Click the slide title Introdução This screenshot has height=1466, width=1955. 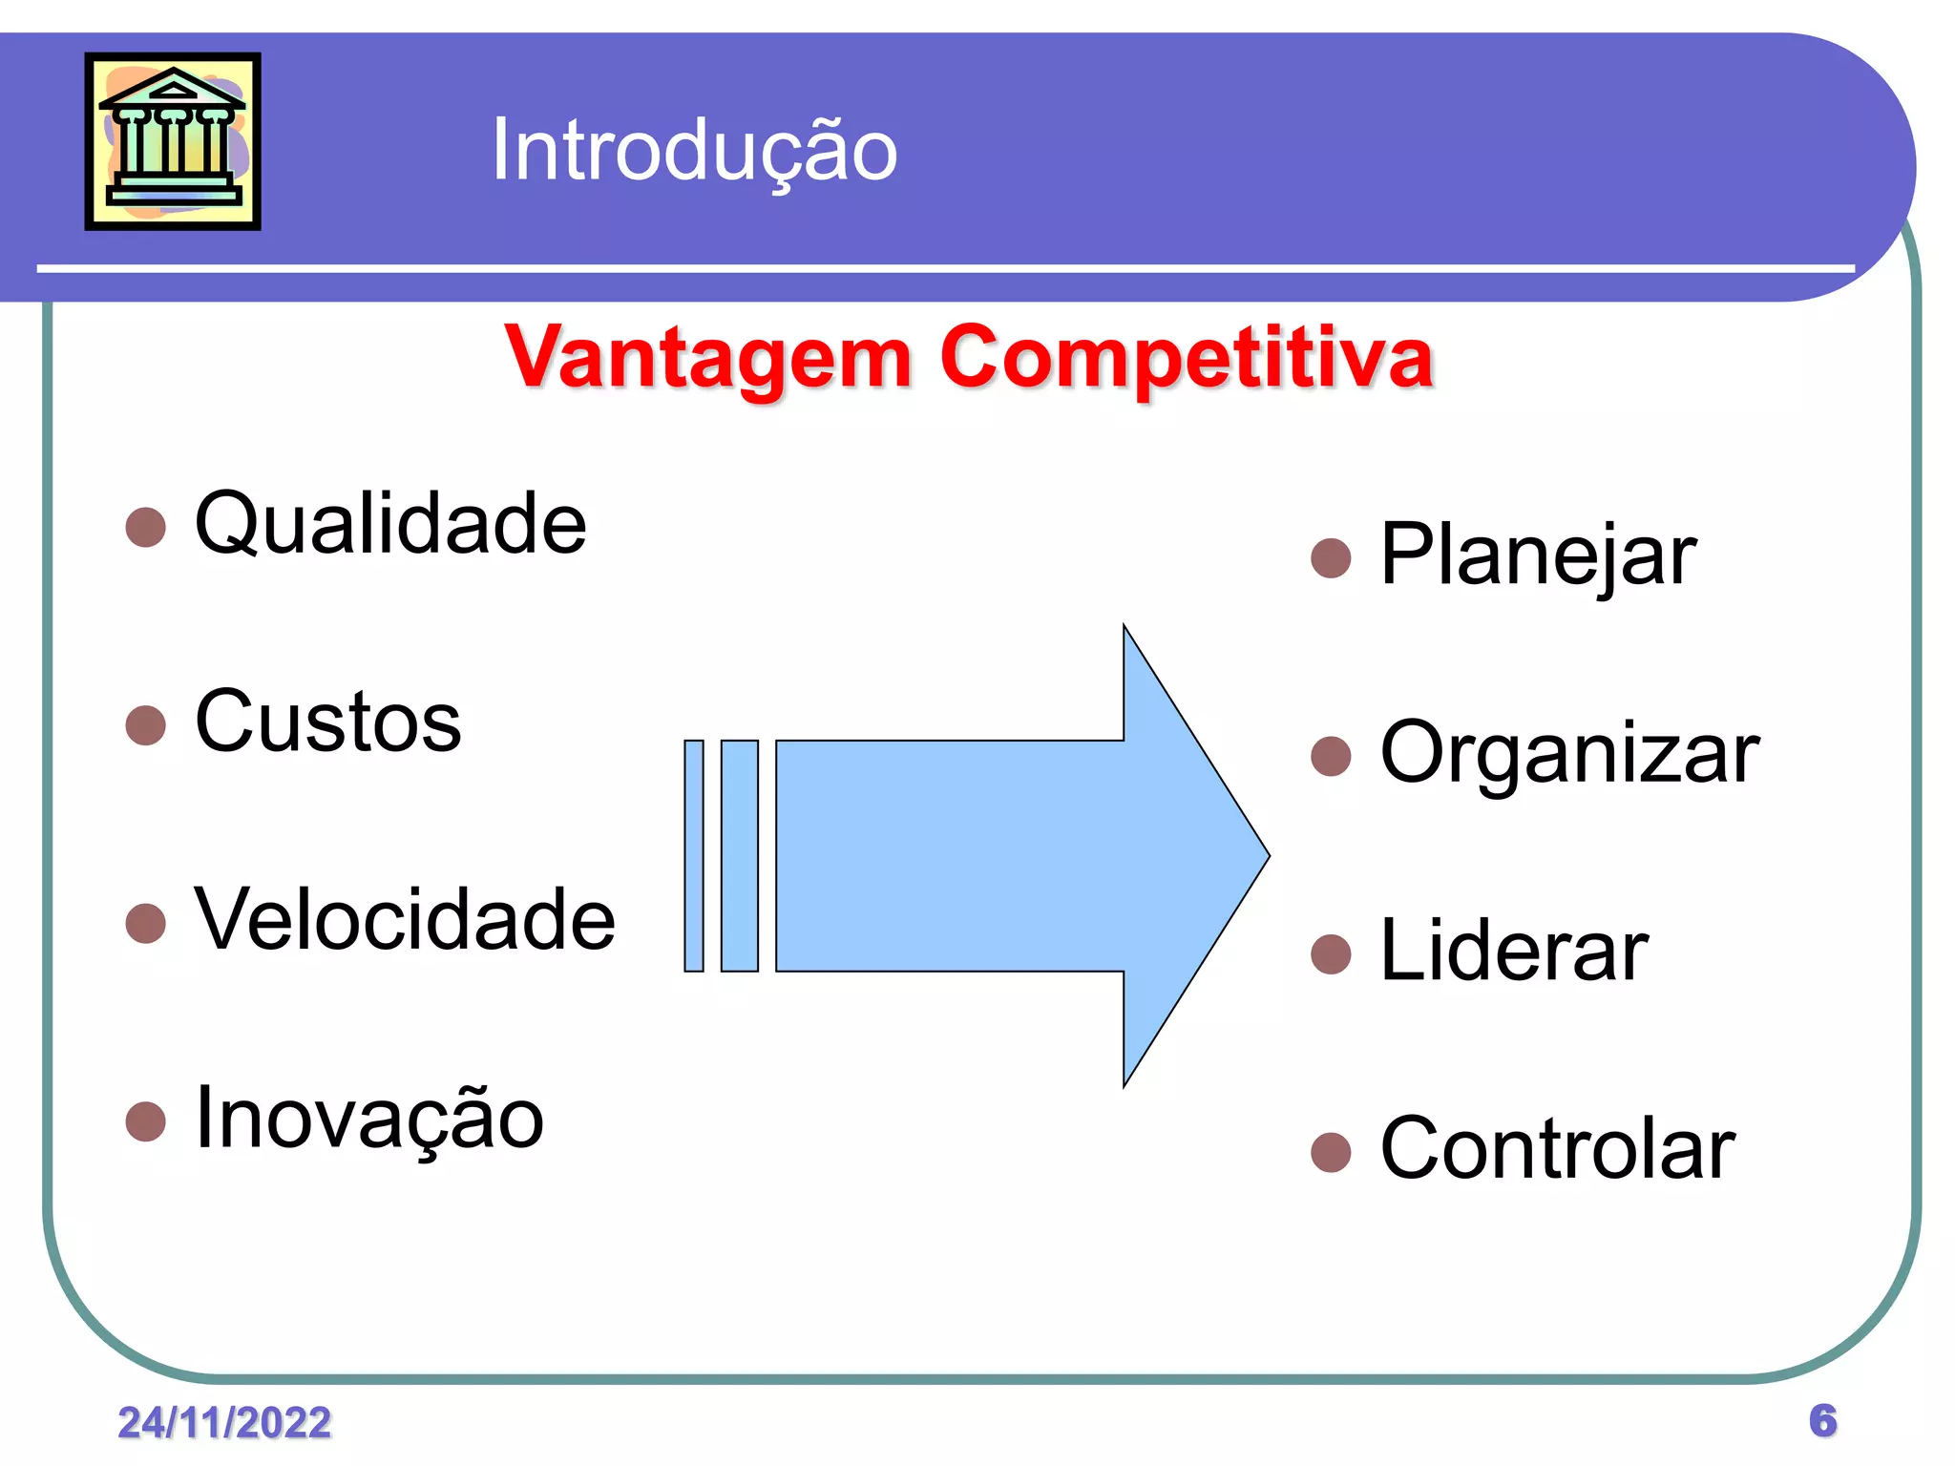tap(694, 150)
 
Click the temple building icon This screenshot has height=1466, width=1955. tap(173, 141)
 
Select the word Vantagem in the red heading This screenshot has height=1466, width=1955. tap(707, 358)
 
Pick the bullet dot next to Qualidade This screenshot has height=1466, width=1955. tap(146, 527)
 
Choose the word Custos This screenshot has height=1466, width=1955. tap(327, 722)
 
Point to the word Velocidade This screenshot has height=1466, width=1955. tap(405, 919)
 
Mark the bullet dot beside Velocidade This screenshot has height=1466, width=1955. tap(146, 923)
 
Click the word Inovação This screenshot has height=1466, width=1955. tap(368, 1119)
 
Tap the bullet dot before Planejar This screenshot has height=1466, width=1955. tap(1331, 558)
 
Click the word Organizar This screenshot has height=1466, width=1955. tap(1569, 753)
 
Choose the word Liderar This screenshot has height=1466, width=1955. tap(1514, 951)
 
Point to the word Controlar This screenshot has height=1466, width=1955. tap(1557, 1149)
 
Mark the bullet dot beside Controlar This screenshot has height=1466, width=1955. tap(1331, 1152)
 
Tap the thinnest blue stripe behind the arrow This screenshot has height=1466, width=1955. tap(694, 856)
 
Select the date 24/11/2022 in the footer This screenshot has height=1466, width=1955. tap(224, 1423)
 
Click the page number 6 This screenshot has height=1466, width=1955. tap(1822, 1421)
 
